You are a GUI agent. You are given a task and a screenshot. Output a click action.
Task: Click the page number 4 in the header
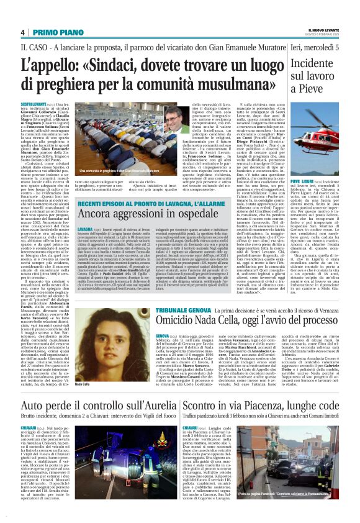23,32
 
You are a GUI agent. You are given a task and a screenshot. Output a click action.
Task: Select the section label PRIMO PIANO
55,32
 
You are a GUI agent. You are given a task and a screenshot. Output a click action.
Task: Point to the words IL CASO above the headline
34,47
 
